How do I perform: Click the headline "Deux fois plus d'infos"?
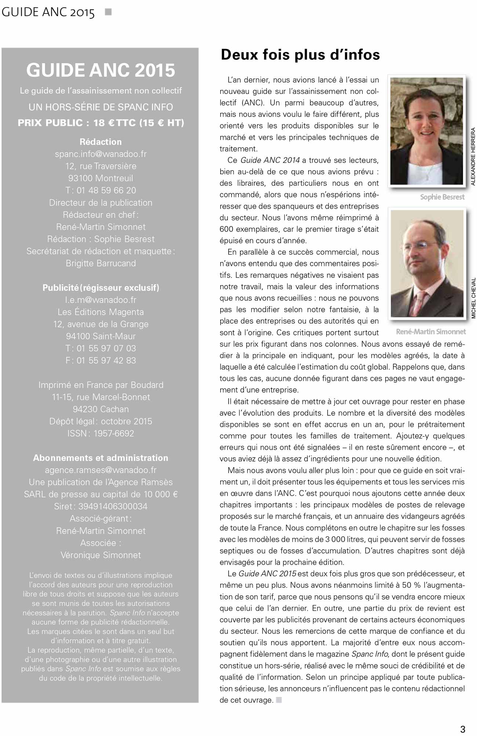point(300,55)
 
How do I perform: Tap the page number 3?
point(463,729)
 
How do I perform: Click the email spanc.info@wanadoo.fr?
point(101,154)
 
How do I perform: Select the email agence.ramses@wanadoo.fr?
point(101,470)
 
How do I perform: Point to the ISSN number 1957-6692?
point(114,433)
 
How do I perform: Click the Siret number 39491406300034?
point(113,506)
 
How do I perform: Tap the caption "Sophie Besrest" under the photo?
point(442,197)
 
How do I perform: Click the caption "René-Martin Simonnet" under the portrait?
point(431,332)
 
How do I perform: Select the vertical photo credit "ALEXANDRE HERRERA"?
point(473,156)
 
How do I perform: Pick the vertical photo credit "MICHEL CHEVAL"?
point(473,298)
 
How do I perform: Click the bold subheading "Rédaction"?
point(101,142)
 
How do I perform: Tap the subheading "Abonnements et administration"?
point(101,458)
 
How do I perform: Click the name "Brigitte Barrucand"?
point(101,263)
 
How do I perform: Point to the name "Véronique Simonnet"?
point(101,555)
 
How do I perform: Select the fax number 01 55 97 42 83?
point(106,361)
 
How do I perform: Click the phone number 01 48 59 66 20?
point(106,190)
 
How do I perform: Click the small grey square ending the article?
point(279,700)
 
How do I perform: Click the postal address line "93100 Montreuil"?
point(101,178)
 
